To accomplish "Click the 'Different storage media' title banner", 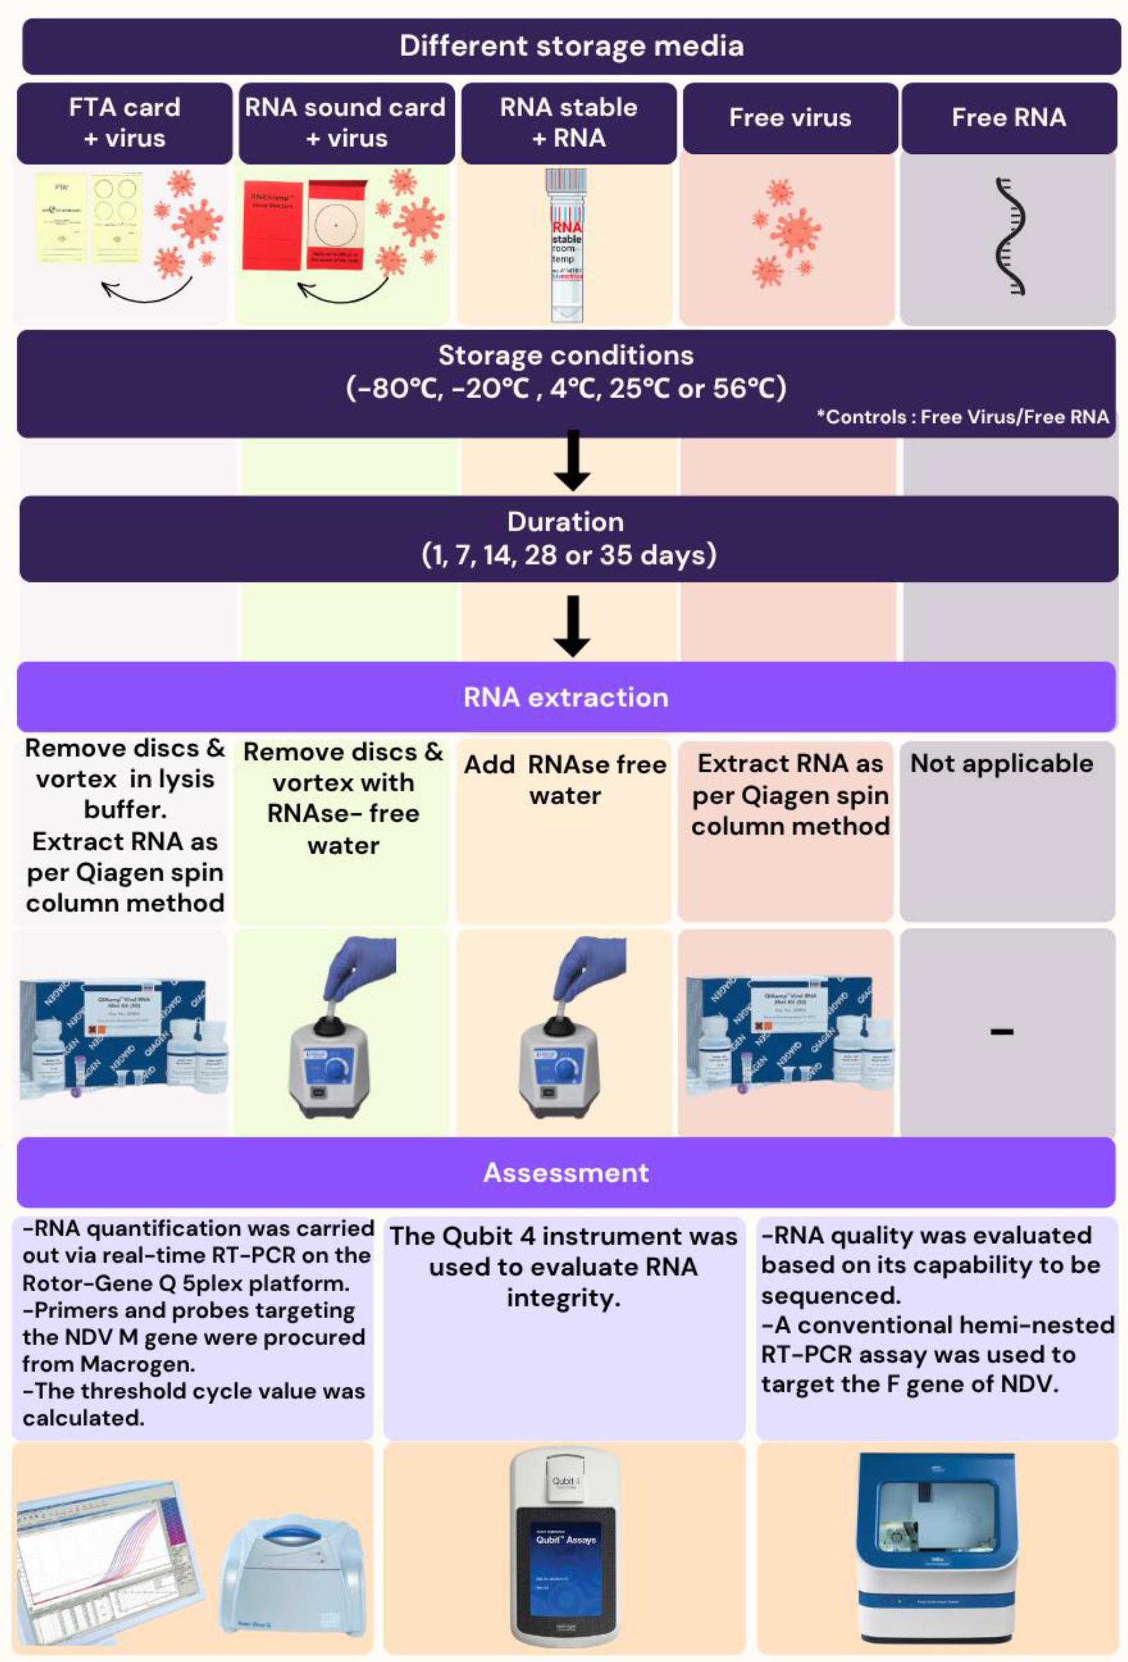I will tap(571, 46).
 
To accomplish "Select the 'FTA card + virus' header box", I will tap(125, 123).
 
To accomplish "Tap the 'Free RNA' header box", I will tap(1008, 118).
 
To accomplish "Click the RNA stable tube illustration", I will tap(566, 245).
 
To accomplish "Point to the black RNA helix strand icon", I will tap(1009, 236).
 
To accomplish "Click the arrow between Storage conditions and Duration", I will tap(572, 461).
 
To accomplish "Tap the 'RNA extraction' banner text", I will tap(566, 698).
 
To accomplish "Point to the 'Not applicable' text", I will tap(1001, 764).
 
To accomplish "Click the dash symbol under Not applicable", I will tap(1001, 1031).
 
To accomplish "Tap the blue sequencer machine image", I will tap(935, 1548).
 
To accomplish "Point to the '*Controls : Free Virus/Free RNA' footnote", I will tap(963, 417).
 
